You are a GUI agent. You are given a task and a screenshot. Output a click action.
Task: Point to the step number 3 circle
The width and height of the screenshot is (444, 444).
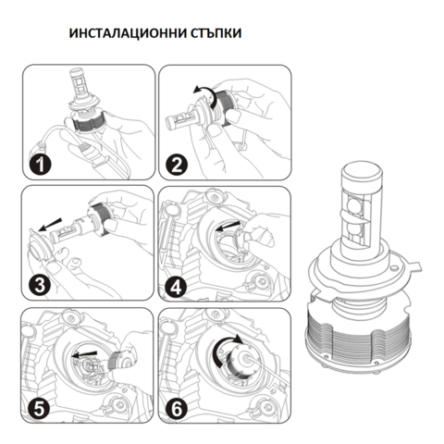[x=39, y=284]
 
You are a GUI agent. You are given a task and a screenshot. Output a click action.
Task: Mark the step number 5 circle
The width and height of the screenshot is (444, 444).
[x=39, y=404]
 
